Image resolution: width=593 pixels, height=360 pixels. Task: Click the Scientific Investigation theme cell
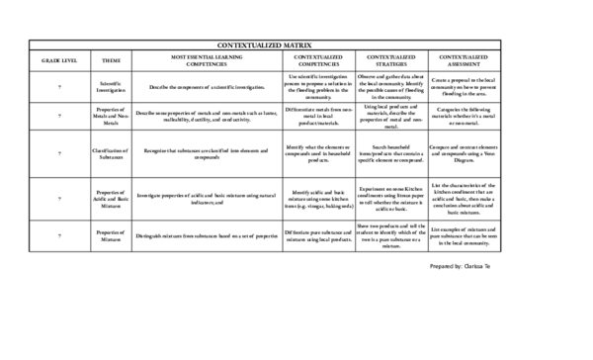click(x=112, y=87)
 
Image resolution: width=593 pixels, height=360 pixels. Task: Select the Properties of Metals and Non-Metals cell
click(x=112, y=116)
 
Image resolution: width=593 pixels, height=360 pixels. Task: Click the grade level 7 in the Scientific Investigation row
click(x=58, y=87)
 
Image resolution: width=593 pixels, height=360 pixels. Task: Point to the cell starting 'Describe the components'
click(x=206, y=87)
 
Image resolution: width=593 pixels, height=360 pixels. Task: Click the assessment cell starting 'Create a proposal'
click(x=467, y=87)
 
